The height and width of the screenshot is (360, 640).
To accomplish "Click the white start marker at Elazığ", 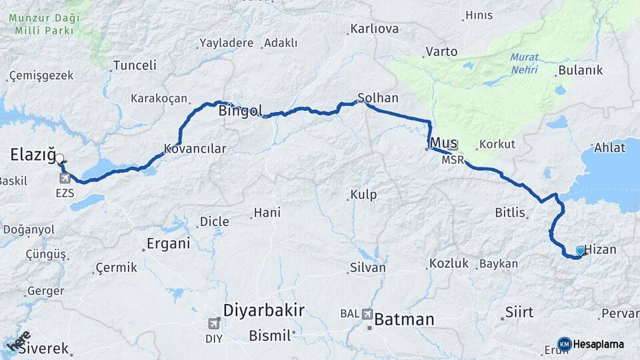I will click(x=59, y=159).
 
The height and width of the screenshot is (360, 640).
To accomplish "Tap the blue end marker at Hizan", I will click(x=581, y=251).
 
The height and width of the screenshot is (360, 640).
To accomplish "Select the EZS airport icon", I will click(x=65, y=179).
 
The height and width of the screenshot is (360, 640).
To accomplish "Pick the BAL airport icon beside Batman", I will click(x=367, y=313).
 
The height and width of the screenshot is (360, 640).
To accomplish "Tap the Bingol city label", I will click(x=240, y=111).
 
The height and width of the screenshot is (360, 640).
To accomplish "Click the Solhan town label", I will click(x=378, y=98).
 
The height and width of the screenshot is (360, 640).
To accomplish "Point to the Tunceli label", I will click(x=135, y=65).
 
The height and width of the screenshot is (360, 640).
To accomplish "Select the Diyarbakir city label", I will click(x=263, y=310).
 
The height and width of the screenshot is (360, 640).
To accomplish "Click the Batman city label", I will click(x=404, y=319).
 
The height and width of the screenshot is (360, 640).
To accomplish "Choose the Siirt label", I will click(x=519, y=313).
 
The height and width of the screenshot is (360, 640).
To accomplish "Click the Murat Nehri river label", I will click(x=525, y=63).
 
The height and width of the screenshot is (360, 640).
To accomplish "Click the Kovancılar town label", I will click(x=195, y=149).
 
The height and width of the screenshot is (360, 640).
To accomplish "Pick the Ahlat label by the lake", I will click(x=609, y=148).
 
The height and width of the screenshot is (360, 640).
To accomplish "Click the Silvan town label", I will click(x=367, y=267).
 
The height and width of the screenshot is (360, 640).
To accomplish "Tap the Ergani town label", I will click(x=169, y=243).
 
